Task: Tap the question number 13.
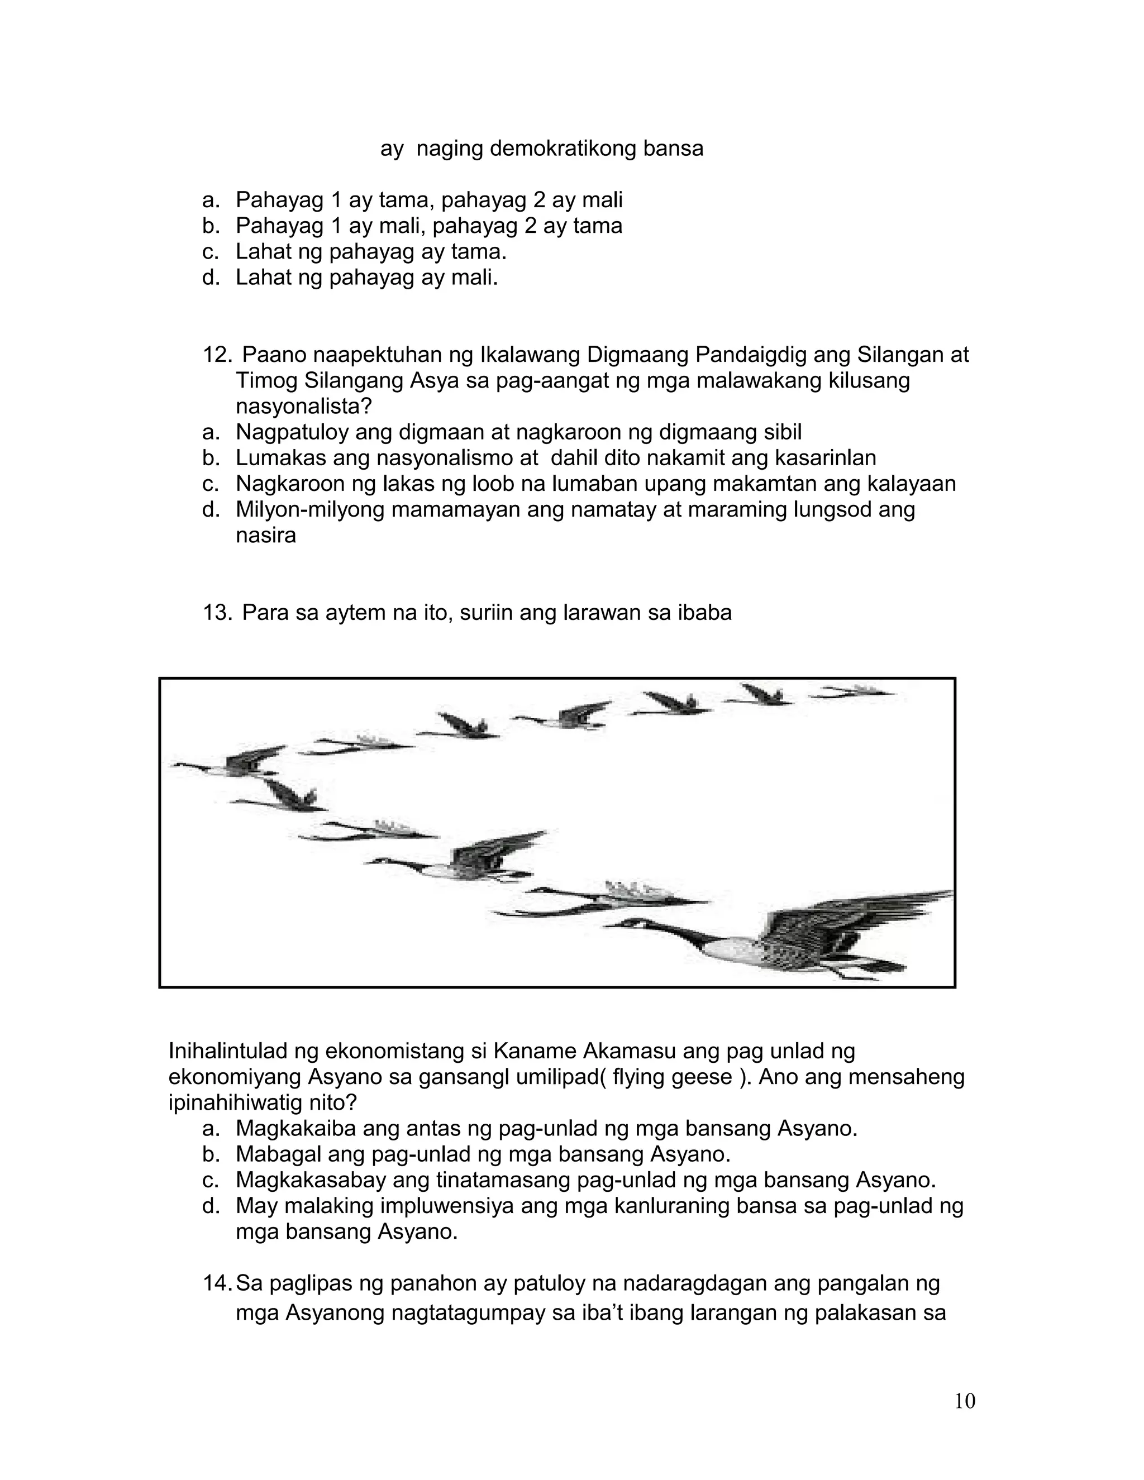click(x=217, y=613)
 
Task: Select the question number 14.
click(x=217, y=1283)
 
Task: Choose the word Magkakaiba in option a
click(x=296, y=1128)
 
